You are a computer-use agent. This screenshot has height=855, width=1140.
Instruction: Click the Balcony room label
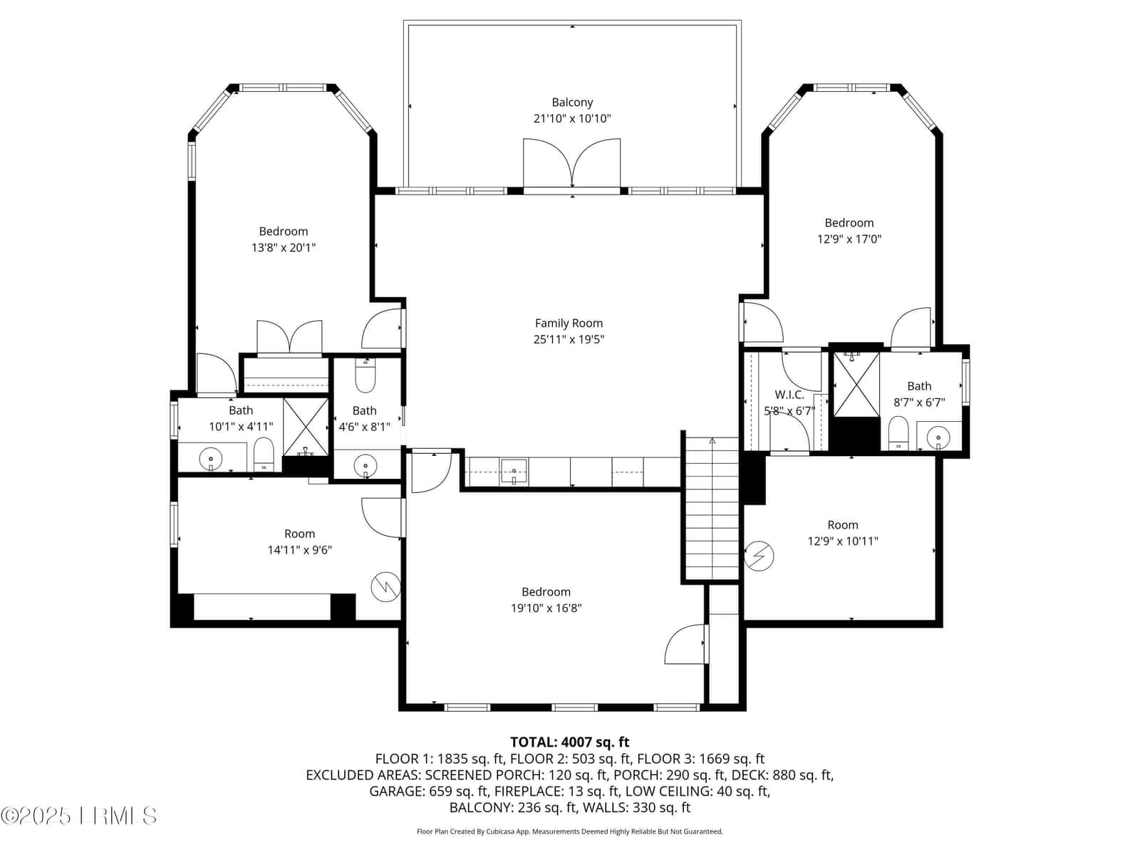click(572, 103)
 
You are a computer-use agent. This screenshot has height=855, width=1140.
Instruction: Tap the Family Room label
click(569, 323)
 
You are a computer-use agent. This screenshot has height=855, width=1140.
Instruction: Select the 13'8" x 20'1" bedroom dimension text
click(284, 248)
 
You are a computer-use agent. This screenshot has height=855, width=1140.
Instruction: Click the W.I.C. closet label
click(789, 395)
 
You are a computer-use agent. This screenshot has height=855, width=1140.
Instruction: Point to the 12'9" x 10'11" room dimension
click(842, 541)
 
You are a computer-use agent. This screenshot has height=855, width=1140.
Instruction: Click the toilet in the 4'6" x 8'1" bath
click(365, 375)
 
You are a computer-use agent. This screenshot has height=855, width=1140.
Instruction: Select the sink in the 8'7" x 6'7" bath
click(938, 436)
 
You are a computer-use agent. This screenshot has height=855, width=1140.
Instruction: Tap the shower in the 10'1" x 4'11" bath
click(306, 427)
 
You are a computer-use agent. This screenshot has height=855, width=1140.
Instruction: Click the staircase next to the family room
click(712, 508)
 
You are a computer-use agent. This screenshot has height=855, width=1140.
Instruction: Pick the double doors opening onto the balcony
click(571, 164)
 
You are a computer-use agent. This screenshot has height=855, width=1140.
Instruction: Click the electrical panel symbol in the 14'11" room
click(386, 587)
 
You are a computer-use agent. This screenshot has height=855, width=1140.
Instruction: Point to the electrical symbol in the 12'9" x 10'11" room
click(759, 556)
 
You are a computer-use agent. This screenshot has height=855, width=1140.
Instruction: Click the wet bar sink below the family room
click(514, 472)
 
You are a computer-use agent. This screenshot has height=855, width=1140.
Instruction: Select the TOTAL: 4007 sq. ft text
click(570, 742)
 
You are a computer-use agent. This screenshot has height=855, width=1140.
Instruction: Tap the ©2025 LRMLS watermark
click(78, 816)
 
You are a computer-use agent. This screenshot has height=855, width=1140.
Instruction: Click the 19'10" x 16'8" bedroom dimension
click(546, 608)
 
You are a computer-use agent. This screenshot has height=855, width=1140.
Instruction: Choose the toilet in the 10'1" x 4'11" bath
click(264, 453)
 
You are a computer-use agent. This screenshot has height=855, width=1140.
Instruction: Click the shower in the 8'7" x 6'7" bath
click(856, 384)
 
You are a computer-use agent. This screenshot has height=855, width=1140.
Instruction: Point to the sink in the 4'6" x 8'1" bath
click(366, 464)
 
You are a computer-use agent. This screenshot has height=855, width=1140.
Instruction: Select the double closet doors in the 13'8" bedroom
click(289, 338)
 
